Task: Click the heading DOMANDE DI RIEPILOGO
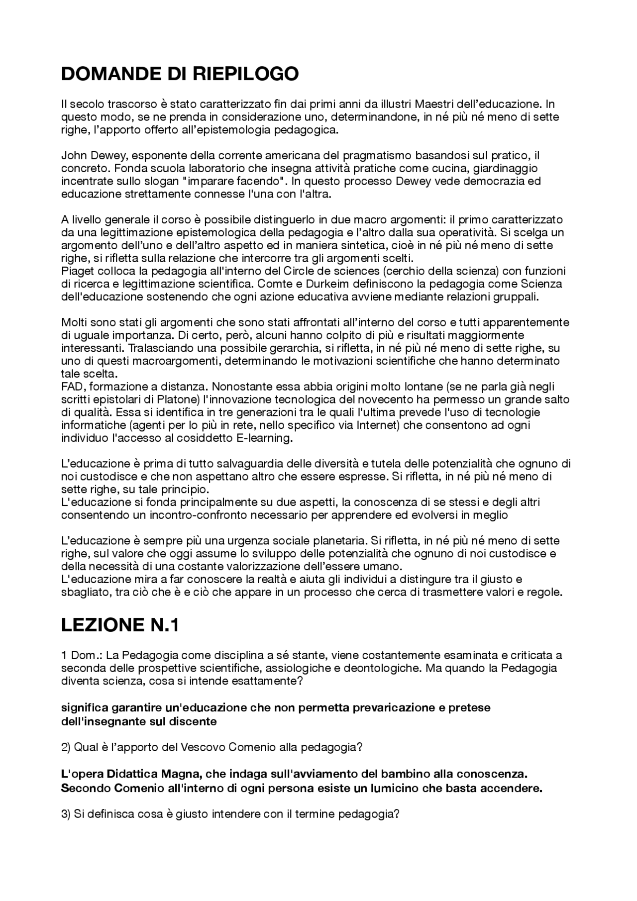pos(180,74)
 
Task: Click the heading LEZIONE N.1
pos(119,625)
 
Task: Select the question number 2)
pos(66,747)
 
